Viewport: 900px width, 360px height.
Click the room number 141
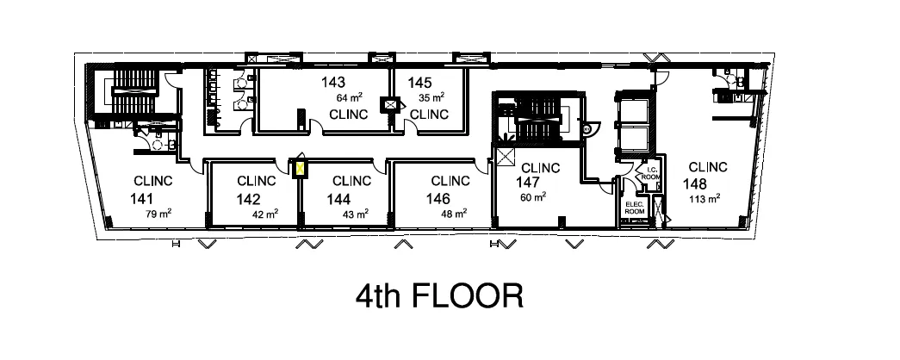(142, 198)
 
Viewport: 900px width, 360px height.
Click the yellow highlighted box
(301, 168)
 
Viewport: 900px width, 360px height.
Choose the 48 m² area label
(455, 213)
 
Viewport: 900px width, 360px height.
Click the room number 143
(333, 83)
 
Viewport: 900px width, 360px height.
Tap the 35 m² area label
(431, 97)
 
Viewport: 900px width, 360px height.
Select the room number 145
(419, 83)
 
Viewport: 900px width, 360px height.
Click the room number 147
(529, 183)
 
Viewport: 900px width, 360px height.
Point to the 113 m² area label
(705, 197)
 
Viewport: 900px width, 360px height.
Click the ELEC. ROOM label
(634, 207)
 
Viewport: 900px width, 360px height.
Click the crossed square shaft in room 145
(393, 105)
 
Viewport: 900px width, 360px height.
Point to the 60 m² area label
(533, 197)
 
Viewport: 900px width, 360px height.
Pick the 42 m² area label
(264, 213)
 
